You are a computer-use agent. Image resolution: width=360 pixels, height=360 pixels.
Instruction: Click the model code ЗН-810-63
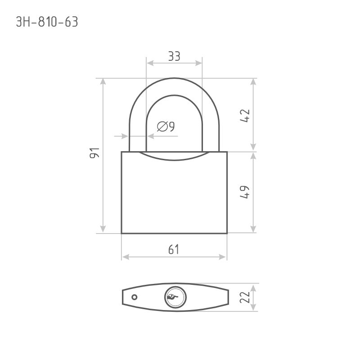47,22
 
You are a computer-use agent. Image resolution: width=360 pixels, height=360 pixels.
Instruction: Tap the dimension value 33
174,56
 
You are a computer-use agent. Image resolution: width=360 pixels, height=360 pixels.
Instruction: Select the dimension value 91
94,153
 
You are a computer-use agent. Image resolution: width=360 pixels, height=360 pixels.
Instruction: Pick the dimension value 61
174,249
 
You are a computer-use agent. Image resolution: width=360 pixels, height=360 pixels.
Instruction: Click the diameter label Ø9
166,127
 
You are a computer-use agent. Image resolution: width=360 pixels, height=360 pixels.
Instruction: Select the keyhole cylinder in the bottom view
174,297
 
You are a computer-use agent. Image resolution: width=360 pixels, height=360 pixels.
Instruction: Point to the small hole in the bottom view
134,297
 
